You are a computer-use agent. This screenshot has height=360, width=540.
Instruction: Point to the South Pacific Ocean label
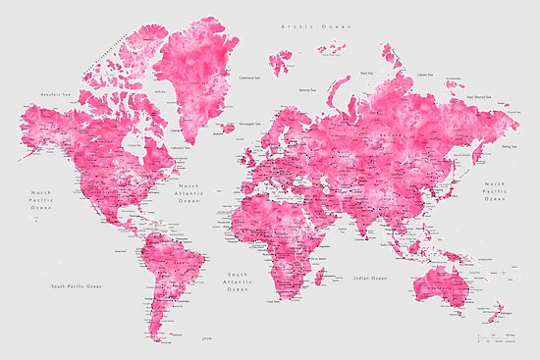click(x=78, y=285)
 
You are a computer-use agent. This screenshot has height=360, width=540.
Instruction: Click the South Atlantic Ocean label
click(x=239, y=283)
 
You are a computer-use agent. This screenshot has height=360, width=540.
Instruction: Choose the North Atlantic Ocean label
click(x=189, y=194)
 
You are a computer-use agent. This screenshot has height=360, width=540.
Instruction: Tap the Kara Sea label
click(x=368, y=72)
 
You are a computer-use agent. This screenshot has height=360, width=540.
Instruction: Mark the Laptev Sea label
click(x=427, y=72)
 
